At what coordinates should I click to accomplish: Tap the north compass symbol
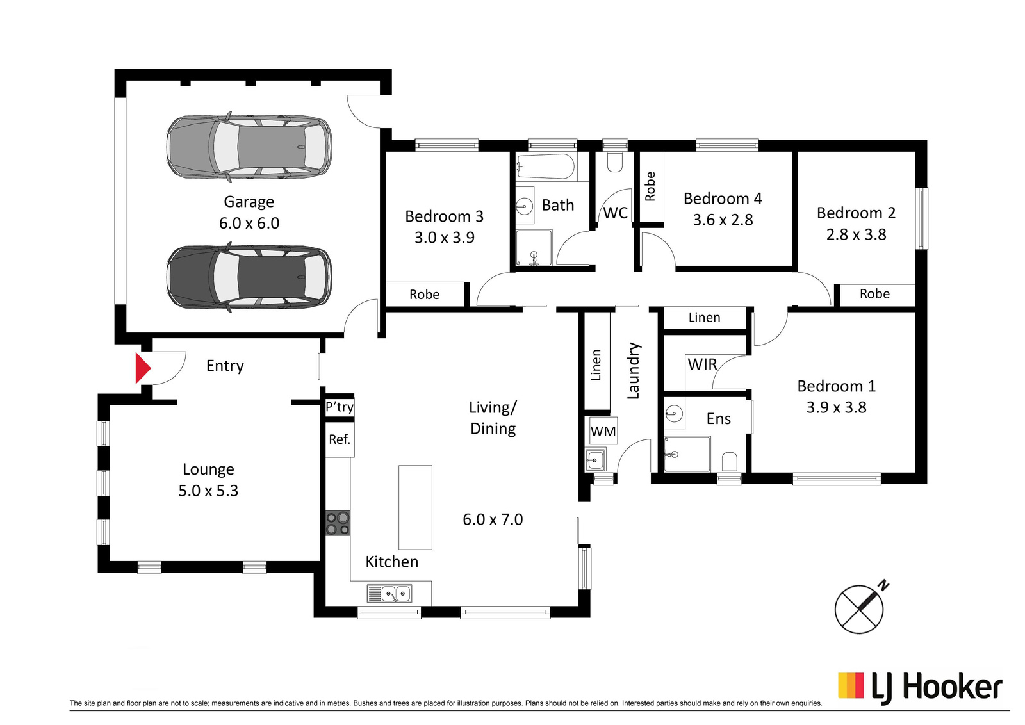[x=859, y=609]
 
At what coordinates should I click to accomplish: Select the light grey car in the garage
[x=249, y=147]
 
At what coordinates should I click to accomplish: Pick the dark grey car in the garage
[x=249, y=277]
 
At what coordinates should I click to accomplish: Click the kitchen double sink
[x=389, y=594]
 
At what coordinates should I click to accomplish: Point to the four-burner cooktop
[x=338, y=523]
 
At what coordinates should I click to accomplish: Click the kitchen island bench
[x=415, y=507]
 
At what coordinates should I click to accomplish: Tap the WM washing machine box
[x=603, y=430]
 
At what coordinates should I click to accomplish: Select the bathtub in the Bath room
[x=545, y=167]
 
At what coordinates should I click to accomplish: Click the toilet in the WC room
[x=614, y=163]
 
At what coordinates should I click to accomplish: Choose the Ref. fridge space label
[x=340, y=439]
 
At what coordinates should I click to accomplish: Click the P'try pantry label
[x=340, y=407]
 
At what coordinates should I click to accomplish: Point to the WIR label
[x=702, y=364]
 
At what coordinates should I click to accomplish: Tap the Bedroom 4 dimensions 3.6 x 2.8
[x=723, y=220]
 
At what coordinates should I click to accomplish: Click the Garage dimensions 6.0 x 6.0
[x=249, y=224]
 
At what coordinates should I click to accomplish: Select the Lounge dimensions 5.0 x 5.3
[x=208, y=491]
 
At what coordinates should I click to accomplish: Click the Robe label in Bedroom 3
[x=424, y=295]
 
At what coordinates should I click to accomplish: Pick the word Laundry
[x=633, y=370]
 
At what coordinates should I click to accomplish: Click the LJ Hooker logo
[x=920, y=688]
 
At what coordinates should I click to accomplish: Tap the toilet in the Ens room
[x=730, y=462]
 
